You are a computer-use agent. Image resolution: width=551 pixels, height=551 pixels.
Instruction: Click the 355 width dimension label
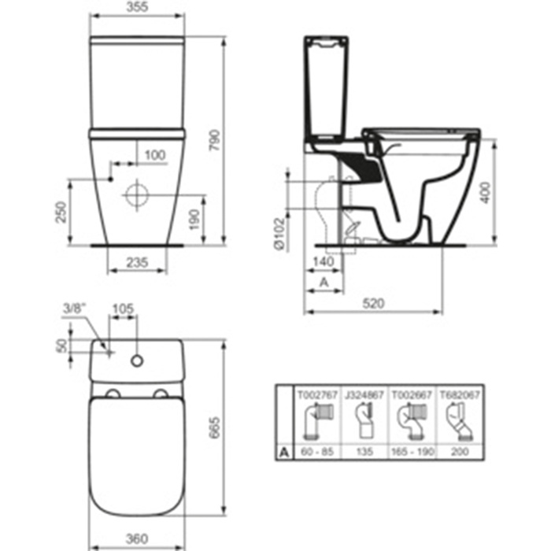click(137, 6)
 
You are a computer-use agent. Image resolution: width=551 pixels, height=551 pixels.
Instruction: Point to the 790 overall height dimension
click(214, 140)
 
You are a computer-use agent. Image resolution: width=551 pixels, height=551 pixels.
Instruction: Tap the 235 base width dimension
click(137, 262)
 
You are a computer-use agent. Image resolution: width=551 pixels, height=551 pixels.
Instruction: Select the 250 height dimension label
click(61, 212)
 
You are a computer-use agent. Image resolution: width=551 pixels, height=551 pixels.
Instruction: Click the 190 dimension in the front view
click(194, 220)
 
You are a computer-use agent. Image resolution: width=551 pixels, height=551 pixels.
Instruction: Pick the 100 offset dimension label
click(155, 155)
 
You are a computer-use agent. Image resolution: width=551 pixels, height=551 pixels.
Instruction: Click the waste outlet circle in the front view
click(137, 195)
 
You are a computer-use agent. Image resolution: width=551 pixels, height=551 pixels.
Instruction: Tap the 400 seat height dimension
click(486, 192)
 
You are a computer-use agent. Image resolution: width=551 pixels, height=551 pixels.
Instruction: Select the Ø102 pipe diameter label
click(280, 234)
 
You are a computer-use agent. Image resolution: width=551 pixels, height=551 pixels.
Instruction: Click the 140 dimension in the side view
click(324, 261)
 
